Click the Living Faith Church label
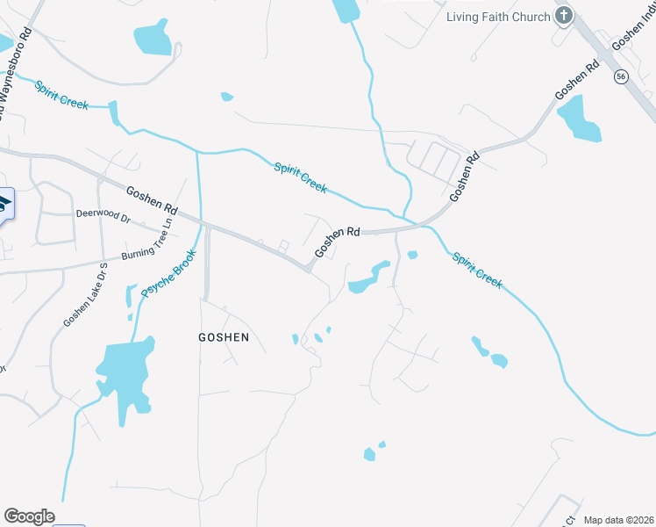coord(498,17)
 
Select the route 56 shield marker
coord(620,76)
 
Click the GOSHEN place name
coord(224,337)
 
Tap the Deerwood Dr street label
coord(103,217)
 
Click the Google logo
coord(29,516)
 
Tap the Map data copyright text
coord(618,520)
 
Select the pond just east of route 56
coord(580,119)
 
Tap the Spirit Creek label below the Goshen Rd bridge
coord(477,270)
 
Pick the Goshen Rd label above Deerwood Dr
coord(152,200)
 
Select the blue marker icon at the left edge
coord(4,207)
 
